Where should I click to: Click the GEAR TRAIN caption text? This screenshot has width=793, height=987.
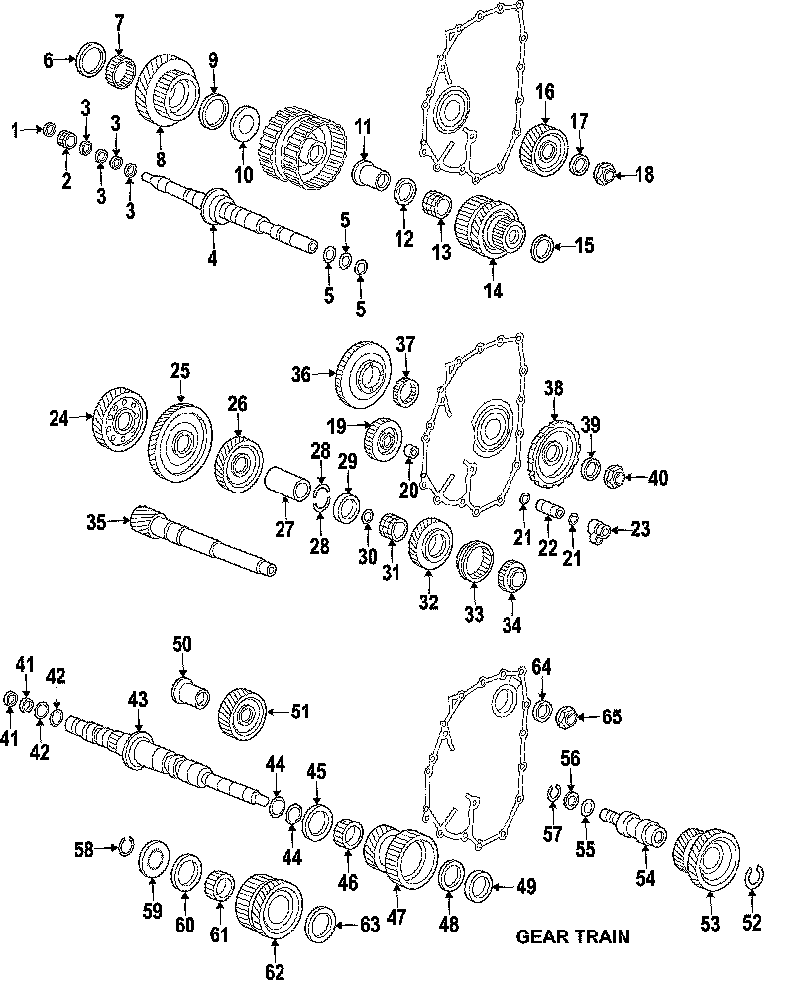(573, 934)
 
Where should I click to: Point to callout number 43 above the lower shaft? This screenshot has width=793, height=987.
(137, 701)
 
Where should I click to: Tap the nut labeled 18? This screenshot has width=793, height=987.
(601, 176)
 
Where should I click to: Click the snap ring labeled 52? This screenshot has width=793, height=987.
(754, 877)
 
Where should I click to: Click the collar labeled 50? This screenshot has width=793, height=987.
(188, 690)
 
